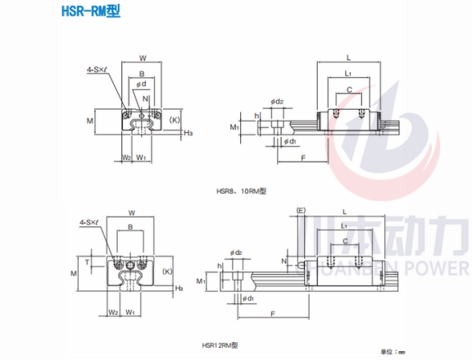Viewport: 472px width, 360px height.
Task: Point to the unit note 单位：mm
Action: click(x=391, y=351)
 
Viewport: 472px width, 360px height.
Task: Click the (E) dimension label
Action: click(x=301, y=210)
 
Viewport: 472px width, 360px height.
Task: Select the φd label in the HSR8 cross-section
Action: click(x=143, y=84)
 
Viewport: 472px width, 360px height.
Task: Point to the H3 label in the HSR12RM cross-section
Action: click(x=179, y=288)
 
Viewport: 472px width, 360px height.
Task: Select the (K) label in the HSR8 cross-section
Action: click(x=174, y=120)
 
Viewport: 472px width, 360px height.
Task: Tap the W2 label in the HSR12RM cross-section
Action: click(x=111, y=311)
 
